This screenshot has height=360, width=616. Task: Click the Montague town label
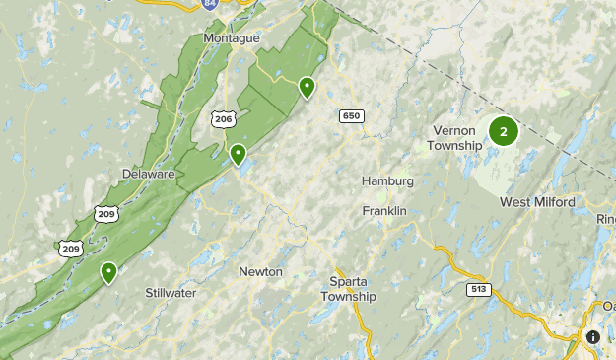[x=231, y=37]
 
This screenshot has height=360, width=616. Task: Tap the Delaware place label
[x=149, y=174]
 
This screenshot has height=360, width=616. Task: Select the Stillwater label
[x=171, y=293]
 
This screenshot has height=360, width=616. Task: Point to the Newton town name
[x=260, y=271]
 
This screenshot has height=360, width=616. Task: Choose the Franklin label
[x=384, y=211]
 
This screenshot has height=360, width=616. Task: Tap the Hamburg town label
[x=387, y=181]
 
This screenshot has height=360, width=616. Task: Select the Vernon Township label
[x=454, y=138]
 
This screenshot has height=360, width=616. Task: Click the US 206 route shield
[x=223, y=118]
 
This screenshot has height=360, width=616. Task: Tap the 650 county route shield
[x=351, y=116]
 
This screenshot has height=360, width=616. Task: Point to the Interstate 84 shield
[x=209, y=6]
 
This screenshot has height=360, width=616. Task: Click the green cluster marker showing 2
[x=504, y=131]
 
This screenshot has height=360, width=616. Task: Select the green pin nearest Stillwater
[x=108, y=272]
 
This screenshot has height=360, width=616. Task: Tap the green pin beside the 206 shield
[x=238, y=154]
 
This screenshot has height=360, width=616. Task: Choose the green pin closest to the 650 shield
[x=308, y=87]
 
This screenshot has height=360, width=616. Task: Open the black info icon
[x=593, y=337]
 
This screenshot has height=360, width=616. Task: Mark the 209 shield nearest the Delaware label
[x=105, y=213]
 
